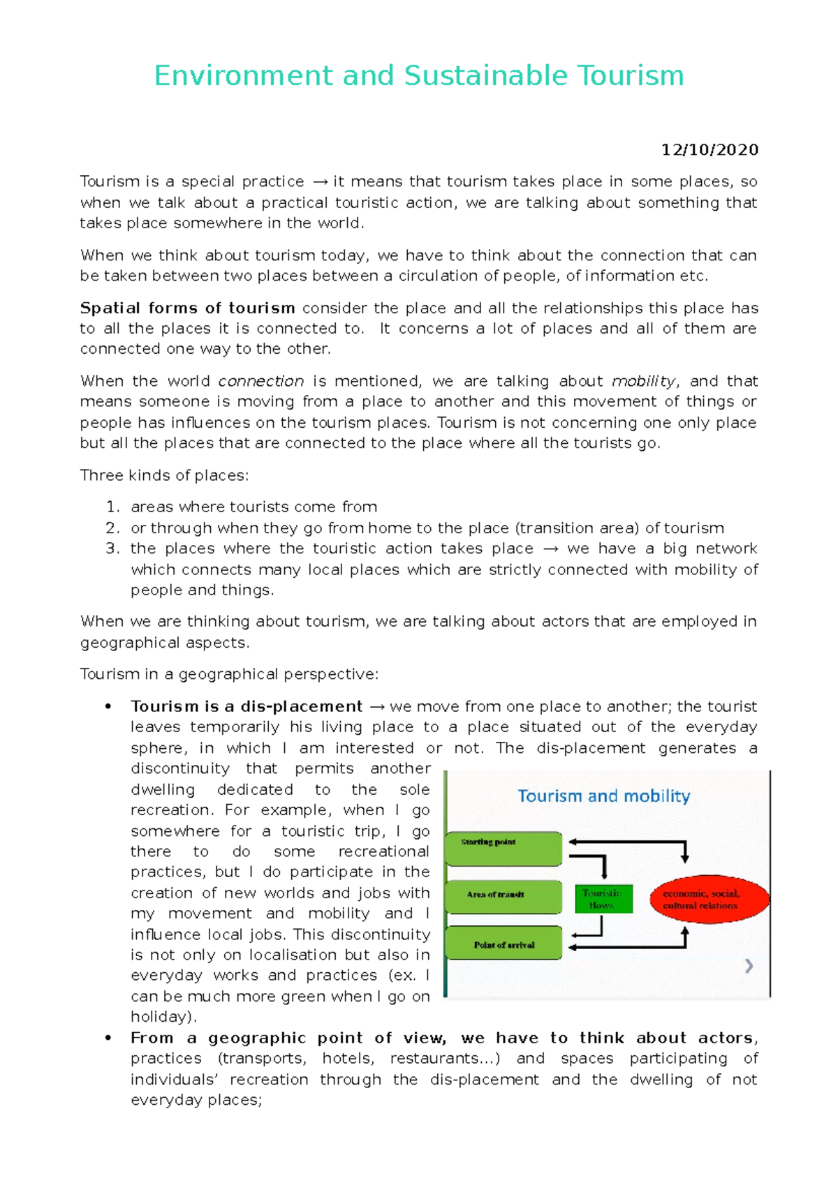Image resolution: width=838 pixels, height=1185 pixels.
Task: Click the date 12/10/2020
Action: point(710,150)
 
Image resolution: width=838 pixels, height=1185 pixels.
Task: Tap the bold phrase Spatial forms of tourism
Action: point(187,308)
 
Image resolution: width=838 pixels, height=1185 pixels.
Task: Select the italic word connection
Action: point(260,382)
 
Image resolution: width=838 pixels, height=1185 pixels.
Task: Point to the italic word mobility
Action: point(643,382)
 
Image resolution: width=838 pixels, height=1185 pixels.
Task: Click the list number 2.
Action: point(112,528)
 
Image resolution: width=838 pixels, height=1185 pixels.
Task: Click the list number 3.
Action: point(112,549)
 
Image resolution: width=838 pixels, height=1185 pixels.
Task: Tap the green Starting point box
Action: point(503,848)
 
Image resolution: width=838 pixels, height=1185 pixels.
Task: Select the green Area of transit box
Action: point(503,896)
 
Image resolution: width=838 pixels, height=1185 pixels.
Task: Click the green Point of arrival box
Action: point(503,944)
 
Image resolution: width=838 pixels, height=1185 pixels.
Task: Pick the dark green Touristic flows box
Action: point(603,899)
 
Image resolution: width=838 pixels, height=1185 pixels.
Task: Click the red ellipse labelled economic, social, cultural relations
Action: point(708,900)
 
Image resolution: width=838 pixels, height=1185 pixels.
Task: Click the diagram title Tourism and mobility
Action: point(603,796)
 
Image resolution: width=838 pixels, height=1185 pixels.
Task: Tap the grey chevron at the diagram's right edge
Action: point(749,966)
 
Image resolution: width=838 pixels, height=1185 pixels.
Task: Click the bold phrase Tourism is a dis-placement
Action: point(246,706)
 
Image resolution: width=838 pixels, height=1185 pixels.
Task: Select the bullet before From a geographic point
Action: point(108,1038)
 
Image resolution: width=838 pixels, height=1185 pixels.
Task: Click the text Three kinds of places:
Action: point(164,476)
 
